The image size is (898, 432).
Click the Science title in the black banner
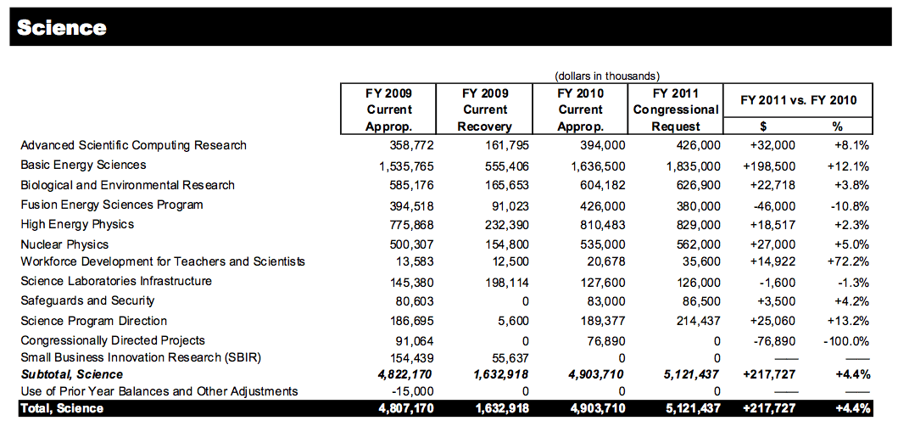(62, 27)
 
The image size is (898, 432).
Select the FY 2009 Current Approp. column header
(389, 109)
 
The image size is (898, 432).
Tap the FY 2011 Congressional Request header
(676, 109)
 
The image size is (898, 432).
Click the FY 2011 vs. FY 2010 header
(798, 100)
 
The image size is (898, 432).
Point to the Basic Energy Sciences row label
(83, 165)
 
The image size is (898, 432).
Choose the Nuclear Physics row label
(64, 244)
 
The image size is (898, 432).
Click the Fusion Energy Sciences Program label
(112, 205)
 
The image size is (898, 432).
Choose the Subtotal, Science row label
(71, 374)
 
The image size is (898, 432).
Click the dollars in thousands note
(607, 76)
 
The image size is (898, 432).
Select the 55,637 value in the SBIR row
(492, 357)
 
